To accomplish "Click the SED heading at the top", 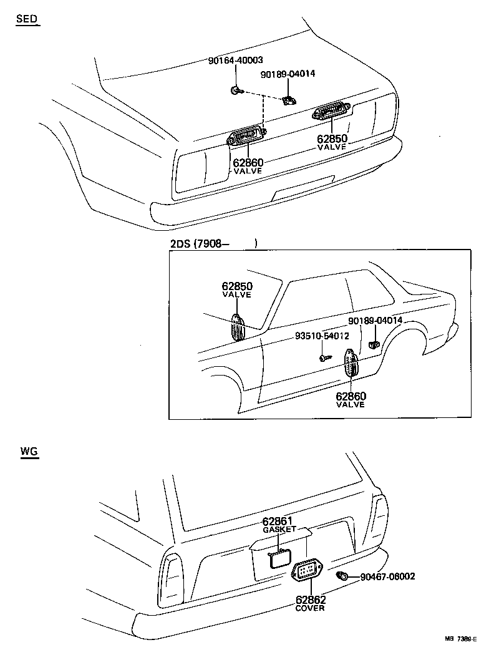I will [x=26, y=19].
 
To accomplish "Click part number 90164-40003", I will [x=235, y=61].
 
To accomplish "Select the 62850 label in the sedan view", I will [x=332, y=138].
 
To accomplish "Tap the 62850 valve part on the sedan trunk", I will [x=332, y=113].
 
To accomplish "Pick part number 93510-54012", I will [x=322, y=336].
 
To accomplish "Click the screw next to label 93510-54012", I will [x=324, y=358].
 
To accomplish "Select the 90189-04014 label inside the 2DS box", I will [x=375, y=321].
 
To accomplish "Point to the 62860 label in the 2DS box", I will [x=351, y=396].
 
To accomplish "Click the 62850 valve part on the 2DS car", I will [x=238, y=328].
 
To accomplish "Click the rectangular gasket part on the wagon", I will [x=280, y=558].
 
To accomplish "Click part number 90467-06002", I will [x=387, y=576].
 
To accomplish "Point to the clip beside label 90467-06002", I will [x=342, y=575].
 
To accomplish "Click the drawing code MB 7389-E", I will [x=460, y=639].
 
